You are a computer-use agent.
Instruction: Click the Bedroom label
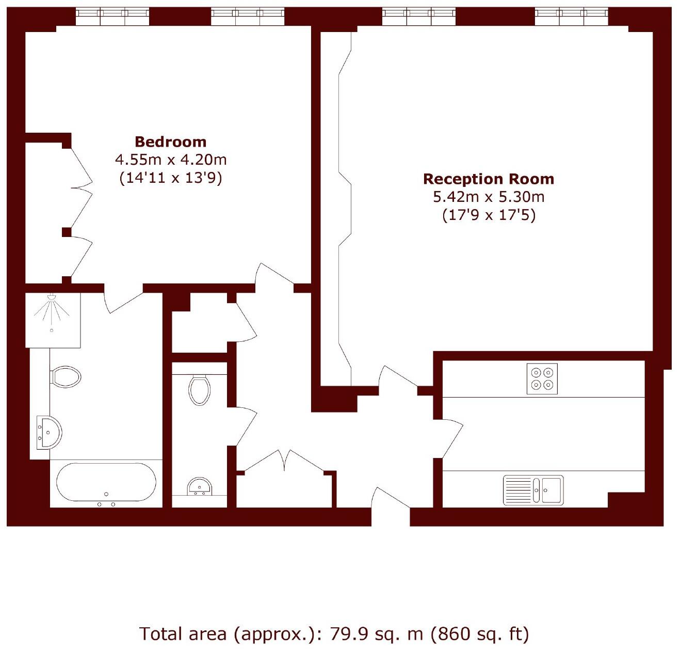point(170,141)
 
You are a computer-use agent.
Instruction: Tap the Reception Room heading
point(488,179)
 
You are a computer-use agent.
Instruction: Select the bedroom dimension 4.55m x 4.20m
point(170,160)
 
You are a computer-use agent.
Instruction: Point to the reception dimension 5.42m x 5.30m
point(488,197)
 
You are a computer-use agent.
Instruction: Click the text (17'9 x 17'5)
point(488,215)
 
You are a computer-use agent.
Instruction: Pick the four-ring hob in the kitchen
point(542,378)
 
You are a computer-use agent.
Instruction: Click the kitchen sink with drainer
point(533,489)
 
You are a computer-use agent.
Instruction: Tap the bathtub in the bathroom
point(106,482)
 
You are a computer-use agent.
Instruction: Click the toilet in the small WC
point(199,390)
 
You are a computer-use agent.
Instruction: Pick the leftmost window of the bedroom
point(112,17)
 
